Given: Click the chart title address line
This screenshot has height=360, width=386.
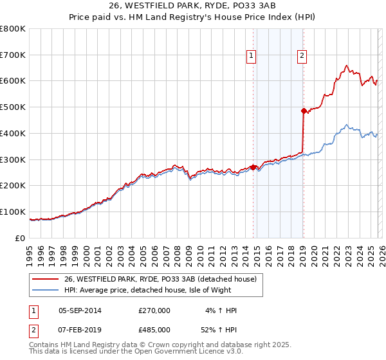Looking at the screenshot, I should pyautogui.click(x=193, y=6).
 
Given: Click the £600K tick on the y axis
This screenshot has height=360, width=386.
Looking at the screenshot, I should pyautogui.click(x=13, y=81).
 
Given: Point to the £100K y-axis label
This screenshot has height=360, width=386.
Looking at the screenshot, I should pyautogui.click(x=13, y=212).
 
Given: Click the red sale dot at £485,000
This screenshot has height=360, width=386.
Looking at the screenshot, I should pyautogui.click(x=303, y=111).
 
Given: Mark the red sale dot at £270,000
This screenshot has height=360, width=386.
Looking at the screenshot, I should pyautogui.click(x=253, y=167).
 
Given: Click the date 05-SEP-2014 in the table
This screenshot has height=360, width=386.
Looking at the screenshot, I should pyautogui.click(x=80, y=310).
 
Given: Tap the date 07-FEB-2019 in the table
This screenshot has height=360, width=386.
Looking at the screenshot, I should pyautogui.click(x=80, y=329).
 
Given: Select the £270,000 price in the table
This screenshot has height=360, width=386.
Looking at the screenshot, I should pyautogui.click(x=154, y=310).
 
